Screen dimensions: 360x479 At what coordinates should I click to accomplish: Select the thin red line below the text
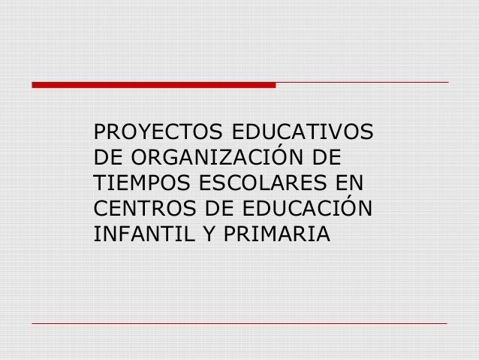pos(239,324)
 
